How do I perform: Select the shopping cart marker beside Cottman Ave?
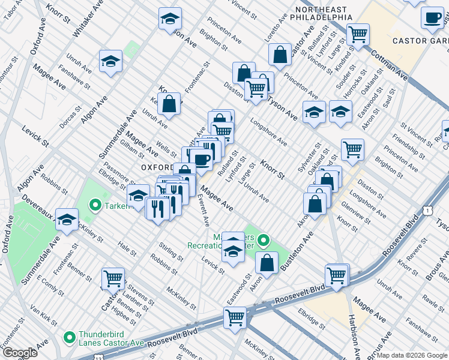point(358,35)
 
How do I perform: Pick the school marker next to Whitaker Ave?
point(111,62)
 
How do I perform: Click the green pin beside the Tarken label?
point(94,206)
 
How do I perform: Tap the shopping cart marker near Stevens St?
point(113,278)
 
